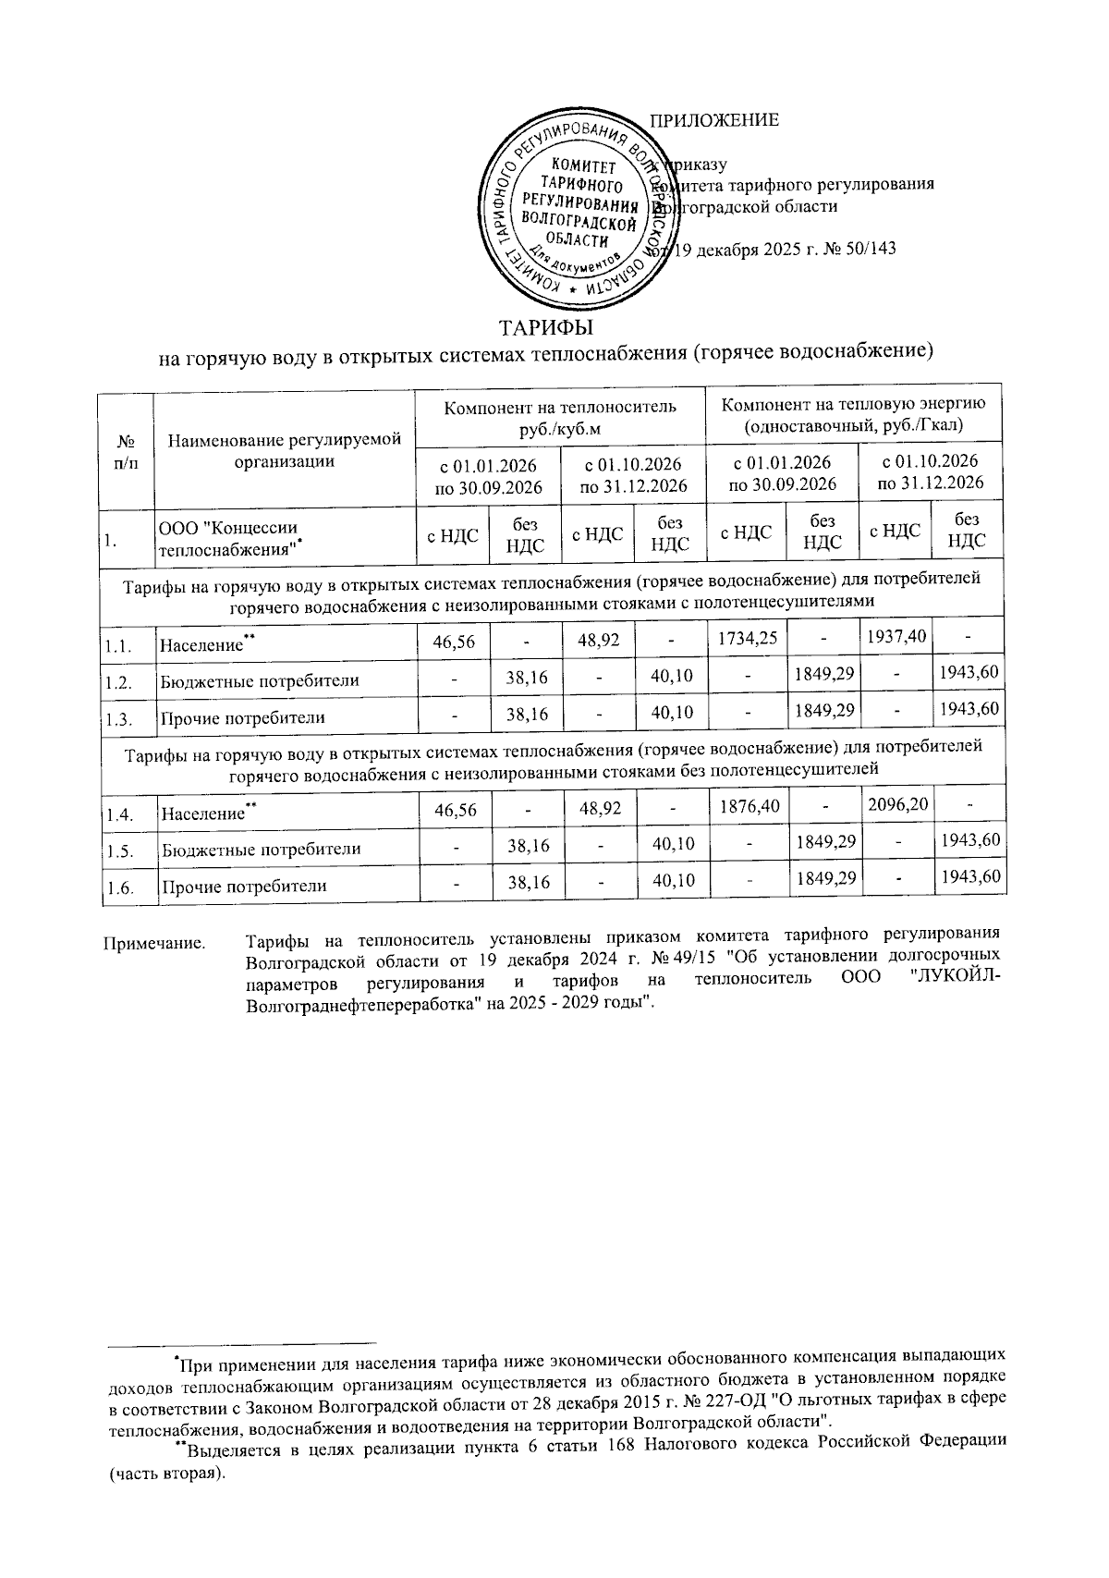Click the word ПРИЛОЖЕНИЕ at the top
coord(714,120)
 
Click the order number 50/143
coord(871,250)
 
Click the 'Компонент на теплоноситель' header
coord(560,417)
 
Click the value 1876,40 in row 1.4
coord(747,806)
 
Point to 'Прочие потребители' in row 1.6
coord(244,886)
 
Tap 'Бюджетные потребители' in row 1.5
coord(261,849)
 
